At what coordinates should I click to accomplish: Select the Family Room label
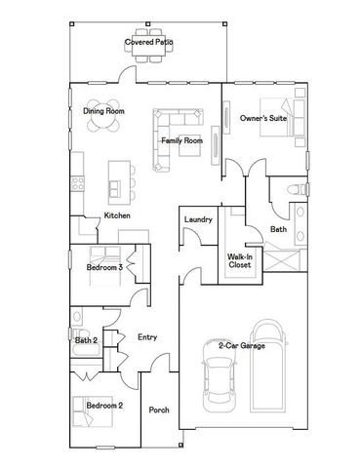click(x=181, y=141)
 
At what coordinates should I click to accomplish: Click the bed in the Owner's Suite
click(x=292, y=120)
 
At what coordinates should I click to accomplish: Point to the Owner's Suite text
click(x=261, y=118)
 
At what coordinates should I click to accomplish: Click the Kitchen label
click(x=118, y=214)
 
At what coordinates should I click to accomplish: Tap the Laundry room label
click(x=198, y=220)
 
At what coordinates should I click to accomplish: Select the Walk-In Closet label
click(x=240, y=260)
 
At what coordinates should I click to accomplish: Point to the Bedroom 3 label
click(x=104, y=266)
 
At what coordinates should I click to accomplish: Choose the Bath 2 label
click(x=86, y=340)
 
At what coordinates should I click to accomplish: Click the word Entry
click(x=147, y=337)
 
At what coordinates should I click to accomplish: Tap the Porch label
click(x=159, y=409)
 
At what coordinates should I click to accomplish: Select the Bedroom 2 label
click(x=104, y=405)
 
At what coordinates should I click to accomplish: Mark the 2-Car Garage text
click(x=240, y=346)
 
